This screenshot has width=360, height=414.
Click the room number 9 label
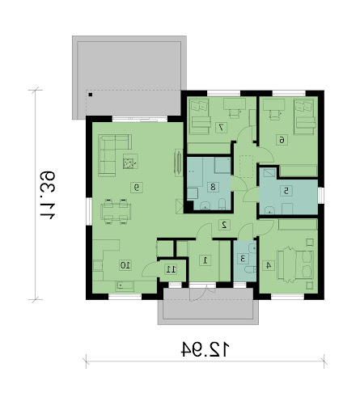137,187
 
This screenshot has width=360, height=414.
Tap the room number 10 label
125,265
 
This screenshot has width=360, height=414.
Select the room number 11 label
171,269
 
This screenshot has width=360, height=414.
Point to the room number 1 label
205,260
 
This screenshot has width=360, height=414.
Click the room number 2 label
224,225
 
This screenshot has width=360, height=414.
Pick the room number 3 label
243,259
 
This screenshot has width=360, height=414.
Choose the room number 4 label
269,265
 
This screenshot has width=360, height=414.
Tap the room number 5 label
286,191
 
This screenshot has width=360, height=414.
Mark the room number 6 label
282,140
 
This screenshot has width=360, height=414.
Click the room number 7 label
221,128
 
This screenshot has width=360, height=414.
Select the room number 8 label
213,187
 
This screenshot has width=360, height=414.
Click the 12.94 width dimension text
205,349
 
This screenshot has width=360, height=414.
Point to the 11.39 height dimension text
48,194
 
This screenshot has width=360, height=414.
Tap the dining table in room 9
116,212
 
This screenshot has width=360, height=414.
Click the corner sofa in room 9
111,151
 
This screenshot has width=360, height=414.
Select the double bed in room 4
295,264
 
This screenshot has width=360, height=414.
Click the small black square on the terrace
91,95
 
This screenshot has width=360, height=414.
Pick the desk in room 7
235,103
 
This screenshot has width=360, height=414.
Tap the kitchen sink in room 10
125,286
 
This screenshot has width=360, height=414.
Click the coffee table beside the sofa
130,162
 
